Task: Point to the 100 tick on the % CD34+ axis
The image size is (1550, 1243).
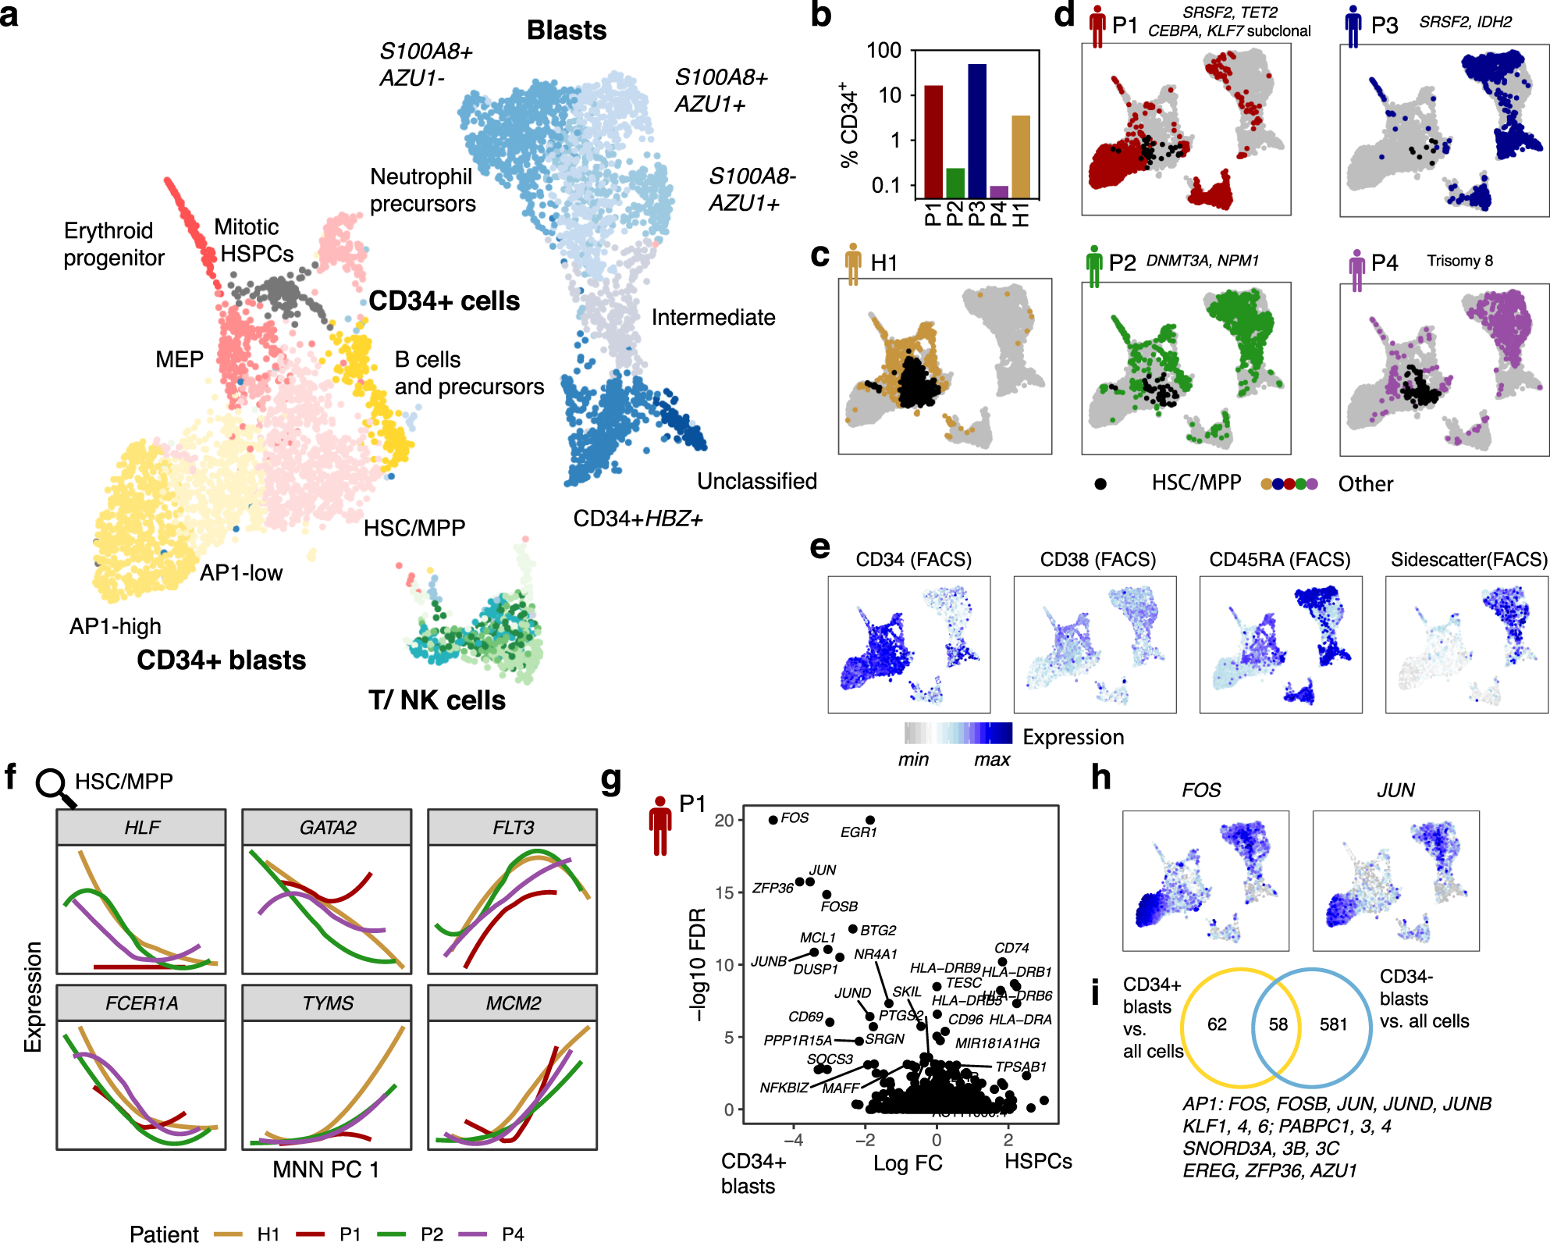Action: point(884,51)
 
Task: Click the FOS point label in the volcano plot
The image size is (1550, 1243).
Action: point(795,817)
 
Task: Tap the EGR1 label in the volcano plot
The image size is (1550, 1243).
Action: point(859,832)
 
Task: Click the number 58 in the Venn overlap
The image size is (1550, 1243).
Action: point(1278,1024)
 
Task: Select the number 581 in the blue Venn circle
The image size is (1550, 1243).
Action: point(1333,1024)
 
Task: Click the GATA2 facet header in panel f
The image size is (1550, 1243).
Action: point(327,828)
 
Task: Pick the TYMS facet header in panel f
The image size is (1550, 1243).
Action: point(327,1003)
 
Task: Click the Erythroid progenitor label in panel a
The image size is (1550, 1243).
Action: point(114,244)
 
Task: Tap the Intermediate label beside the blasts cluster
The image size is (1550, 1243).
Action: point(713,317)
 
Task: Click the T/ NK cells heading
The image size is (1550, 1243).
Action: point(436,700)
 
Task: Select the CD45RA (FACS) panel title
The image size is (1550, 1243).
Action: point(1279,559)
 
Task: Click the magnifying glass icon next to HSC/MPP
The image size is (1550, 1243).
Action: point(55,787)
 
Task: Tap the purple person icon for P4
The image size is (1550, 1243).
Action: point(1356,270)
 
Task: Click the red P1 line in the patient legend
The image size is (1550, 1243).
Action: point(310,1234)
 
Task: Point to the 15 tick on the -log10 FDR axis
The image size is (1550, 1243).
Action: point(723,892)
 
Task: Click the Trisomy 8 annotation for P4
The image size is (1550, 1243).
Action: point(1459,261)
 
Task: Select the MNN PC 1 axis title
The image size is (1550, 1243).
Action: point(325,1170)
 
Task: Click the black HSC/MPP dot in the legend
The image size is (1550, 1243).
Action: point(1100,484)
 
